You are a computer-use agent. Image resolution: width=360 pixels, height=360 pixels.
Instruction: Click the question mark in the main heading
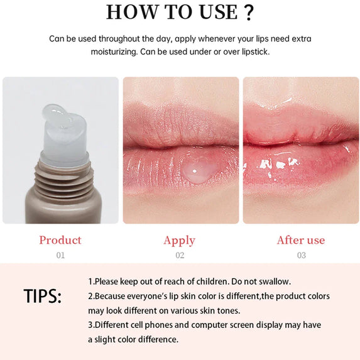point(249,13)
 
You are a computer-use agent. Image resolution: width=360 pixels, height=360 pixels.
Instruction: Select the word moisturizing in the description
point(114,52)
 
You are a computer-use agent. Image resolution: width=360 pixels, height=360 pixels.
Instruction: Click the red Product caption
point(60,240)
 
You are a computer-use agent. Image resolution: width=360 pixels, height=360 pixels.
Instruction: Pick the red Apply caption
point(179,241)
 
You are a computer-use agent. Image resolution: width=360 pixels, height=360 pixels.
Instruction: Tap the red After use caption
point(301,240)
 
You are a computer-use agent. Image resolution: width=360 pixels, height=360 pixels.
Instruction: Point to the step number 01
point(60,255)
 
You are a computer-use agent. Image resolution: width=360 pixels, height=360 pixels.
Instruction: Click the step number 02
point(180,255)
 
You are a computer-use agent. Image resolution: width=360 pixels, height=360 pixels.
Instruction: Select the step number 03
point(302,255)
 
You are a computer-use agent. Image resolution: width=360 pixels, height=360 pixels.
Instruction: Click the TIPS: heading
point(43,296)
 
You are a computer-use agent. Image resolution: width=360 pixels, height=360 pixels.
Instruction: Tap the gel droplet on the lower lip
point(197,171)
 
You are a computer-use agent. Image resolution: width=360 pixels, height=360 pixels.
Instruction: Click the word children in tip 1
point(212,281)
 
